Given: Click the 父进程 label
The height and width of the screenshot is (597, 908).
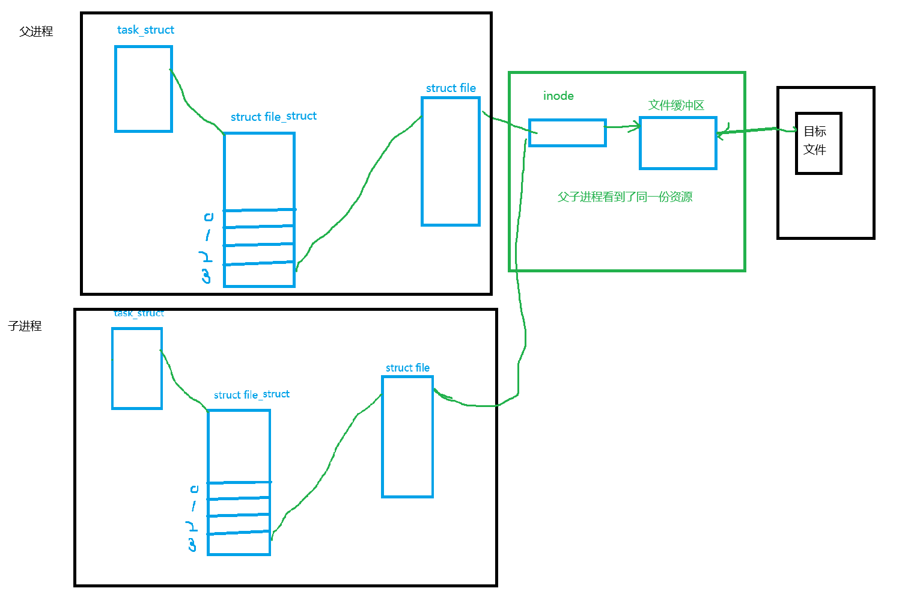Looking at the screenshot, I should [x=36, y=31].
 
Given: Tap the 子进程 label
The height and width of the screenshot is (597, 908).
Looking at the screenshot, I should [x=25, y=326].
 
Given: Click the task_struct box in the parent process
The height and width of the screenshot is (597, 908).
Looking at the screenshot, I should [x=144, y=89].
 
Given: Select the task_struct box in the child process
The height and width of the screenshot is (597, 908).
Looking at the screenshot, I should [x=137, y=369].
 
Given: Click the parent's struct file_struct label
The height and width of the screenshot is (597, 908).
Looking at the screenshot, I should [x=273, y=117].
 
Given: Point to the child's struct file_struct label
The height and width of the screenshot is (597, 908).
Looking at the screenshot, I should [x=252, y=394].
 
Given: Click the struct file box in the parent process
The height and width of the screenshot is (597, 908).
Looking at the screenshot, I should [x=451, y=162].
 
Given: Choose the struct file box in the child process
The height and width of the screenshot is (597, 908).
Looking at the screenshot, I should [x=407, y=437].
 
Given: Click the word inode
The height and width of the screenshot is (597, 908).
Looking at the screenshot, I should [x=558, y=96].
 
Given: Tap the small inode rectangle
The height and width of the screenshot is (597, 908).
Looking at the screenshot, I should [x=567, y=133].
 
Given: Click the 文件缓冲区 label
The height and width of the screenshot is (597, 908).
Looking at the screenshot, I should [x=676, y=105].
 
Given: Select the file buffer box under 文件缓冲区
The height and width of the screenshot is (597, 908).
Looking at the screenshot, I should [x=678, y=143].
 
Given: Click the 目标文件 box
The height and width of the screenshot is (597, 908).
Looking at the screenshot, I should [x=818, y=143].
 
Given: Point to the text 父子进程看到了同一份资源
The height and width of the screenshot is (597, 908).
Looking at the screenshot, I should [x=625, y=197].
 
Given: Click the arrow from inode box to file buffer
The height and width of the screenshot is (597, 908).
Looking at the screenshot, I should [x=623, y=127].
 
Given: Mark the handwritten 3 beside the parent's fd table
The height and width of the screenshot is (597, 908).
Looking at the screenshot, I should [x=206, y=276].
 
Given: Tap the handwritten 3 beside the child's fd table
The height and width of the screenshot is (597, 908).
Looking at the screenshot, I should [x=192, y=545].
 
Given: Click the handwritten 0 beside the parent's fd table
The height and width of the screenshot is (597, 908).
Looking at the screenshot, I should [x=209, y=216].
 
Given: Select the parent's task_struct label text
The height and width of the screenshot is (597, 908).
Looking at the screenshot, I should [x=145, y=30].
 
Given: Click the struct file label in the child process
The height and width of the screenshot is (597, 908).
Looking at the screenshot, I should [x=407, y=368].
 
